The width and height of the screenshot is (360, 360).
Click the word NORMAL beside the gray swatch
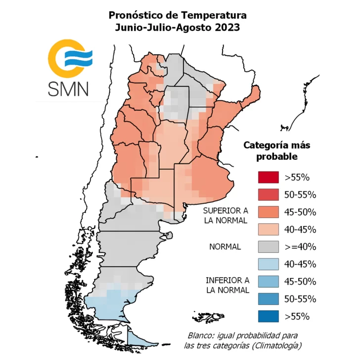225,247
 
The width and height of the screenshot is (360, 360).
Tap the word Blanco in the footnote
204,334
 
